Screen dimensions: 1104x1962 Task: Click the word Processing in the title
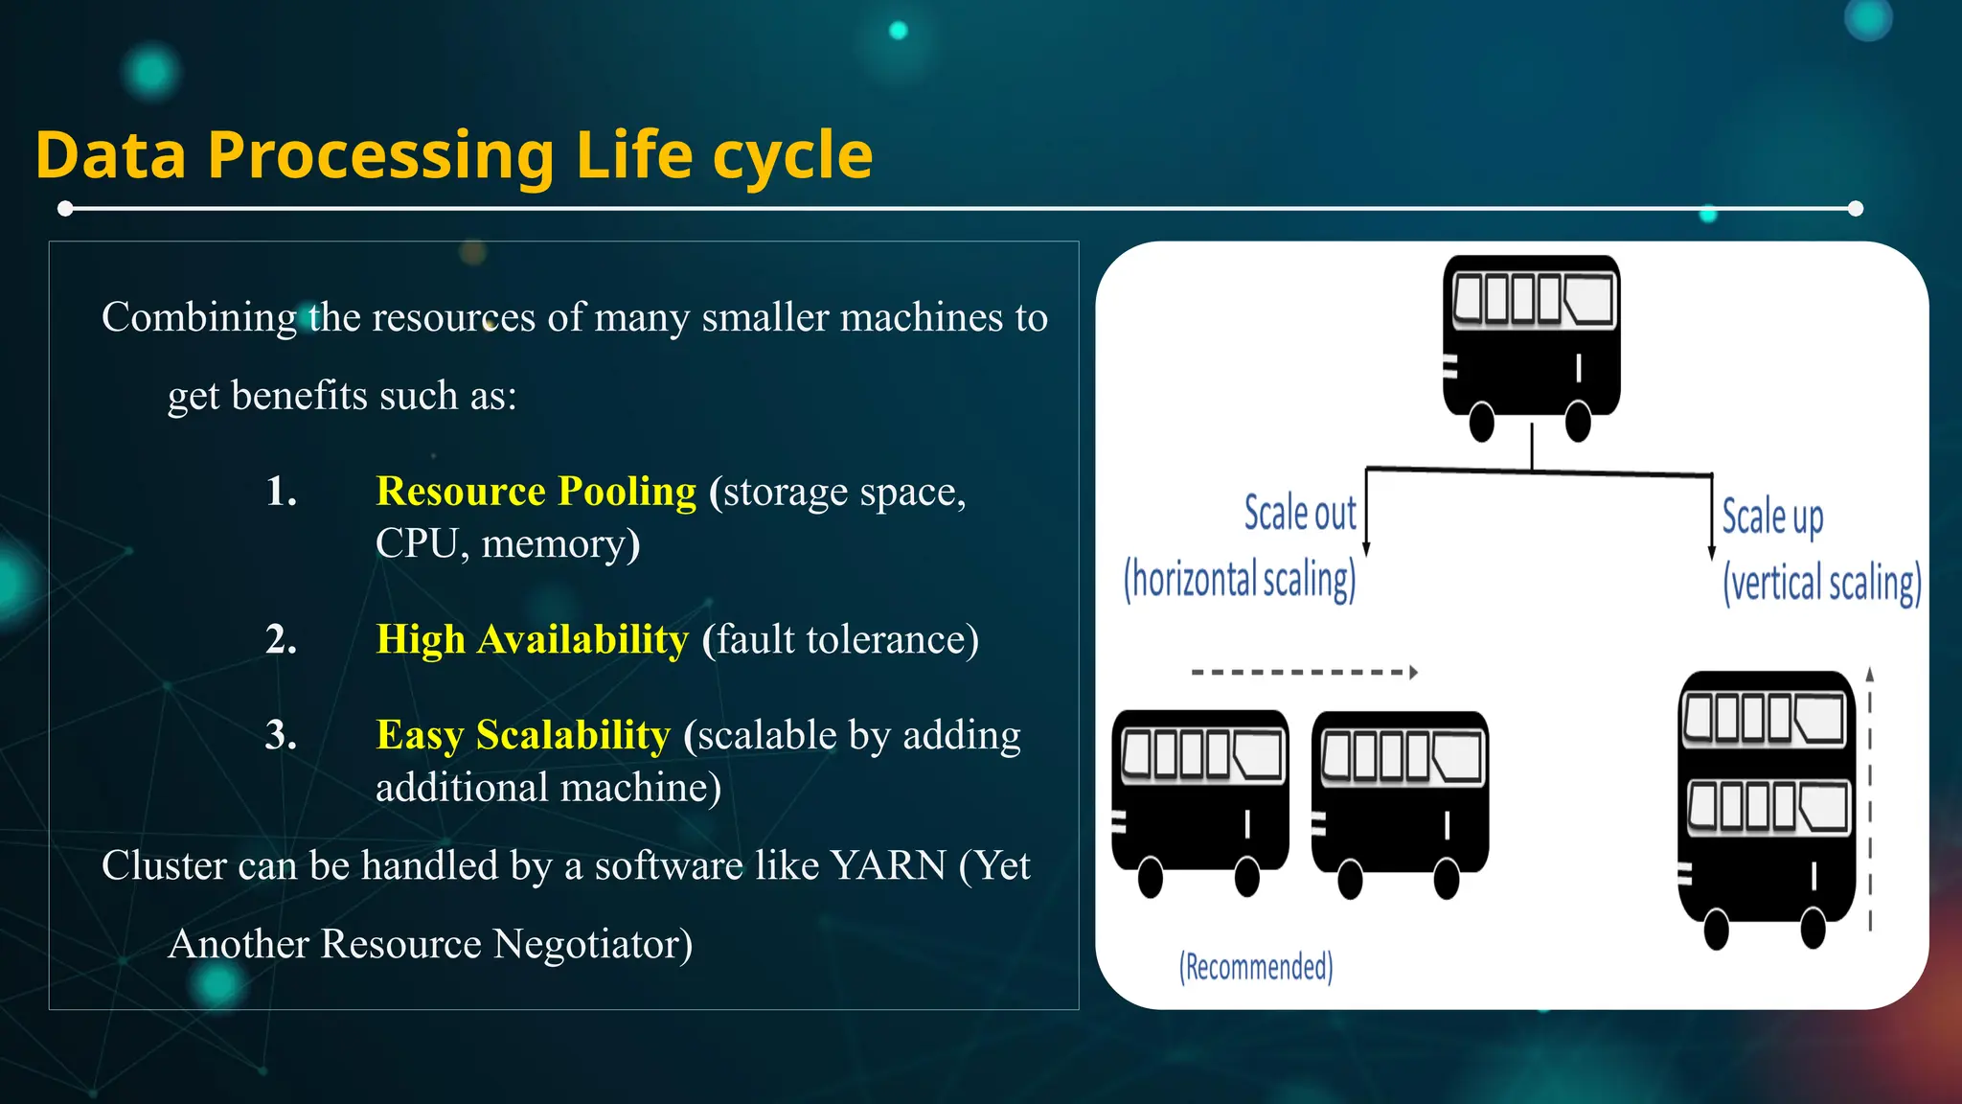[380, 155]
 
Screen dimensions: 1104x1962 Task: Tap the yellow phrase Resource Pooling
[536, 491]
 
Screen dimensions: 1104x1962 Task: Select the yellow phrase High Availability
[532, 639]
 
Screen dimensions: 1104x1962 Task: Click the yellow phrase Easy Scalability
[523, 735]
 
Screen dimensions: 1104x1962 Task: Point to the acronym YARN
[888, 865]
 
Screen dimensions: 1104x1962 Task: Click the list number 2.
[281, 639]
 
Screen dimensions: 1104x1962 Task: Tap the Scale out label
[1299, 513]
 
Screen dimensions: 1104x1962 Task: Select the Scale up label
[1771, 517]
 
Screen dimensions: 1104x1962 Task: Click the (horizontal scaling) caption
[1240, 579]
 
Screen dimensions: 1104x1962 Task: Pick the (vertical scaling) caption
[1821, 583]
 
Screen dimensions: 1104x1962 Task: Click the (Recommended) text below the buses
[1255, 967]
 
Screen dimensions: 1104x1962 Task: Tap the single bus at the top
[1531, 340]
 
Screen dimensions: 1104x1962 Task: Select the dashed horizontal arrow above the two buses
[1303, 673]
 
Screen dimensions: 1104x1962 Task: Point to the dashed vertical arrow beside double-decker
[1869, 800]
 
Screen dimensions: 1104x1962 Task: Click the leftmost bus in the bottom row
[1199, 795]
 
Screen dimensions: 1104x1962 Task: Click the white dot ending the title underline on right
[1855, 209]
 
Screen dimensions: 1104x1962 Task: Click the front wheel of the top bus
[1577, 422]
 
